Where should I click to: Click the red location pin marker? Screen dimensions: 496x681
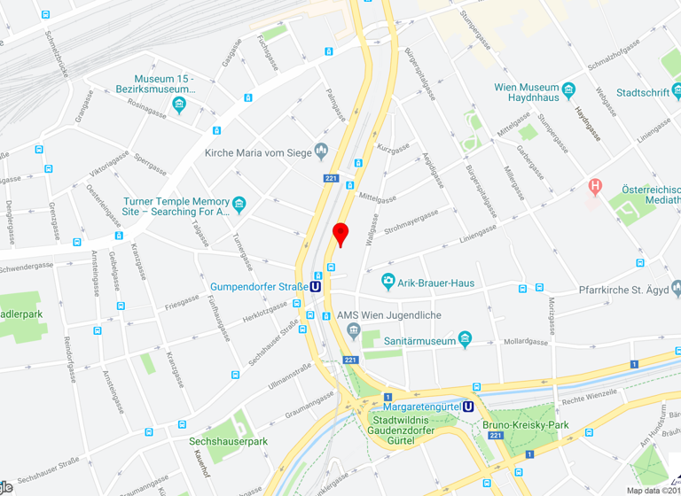(x=340, y=234)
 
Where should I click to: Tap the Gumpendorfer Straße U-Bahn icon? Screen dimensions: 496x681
(x=316, y=286)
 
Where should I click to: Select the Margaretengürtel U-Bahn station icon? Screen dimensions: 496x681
(x=469, y=407)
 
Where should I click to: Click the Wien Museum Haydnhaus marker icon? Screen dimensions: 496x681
(x=569, y=89)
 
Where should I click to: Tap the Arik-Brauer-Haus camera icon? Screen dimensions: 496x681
(x=387, y=283)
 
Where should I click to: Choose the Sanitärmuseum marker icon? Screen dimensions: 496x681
(x=466, y=340)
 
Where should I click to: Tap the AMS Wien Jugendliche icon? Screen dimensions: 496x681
(x=354, y=331)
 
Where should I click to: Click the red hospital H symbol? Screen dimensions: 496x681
(x=596, y=186)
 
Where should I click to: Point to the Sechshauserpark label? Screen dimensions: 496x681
(x=228, y=440)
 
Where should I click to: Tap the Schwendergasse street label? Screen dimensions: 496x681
(x=35, y=265)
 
